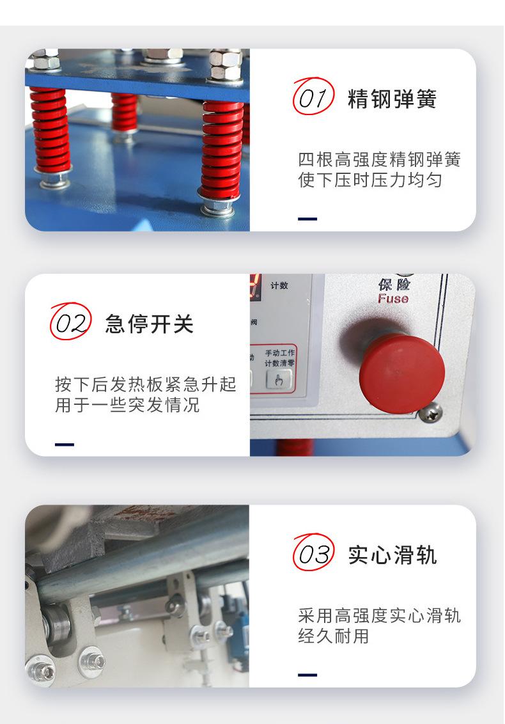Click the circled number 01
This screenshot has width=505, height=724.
pos(313,98)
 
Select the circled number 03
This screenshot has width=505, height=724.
pos(313,554)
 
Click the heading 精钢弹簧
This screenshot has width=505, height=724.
pos(392,100)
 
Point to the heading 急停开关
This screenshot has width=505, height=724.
pos(149,324)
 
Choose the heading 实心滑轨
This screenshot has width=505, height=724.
pos(392,555)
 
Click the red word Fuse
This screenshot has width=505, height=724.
pos(392,299)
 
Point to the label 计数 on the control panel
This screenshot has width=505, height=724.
pos(279,285)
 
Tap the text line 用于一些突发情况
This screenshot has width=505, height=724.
pos(127,405)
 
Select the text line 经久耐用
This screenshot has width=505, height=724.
pos(333,636)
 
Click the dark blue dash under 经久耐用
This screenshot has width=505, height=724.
pos(307,675)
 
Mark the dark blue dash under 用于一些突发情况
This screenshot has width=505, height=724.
pos(65,444)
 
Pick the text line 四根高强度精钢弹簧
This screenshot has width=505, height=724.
pos(378,159)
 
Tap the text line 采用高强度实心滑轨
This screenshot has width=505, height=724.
pos(378,616)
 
